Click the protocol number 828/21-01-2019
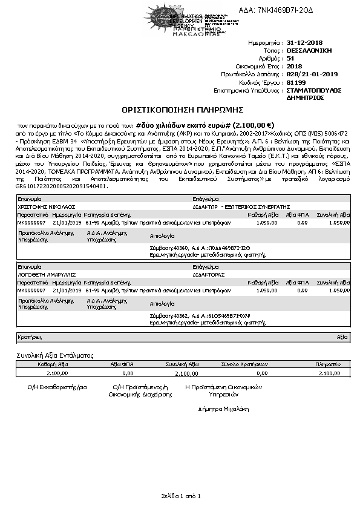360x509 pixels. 312,74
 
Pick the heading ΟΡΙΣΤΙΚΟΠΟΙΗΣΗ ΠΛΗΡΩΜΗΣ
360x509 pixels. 182,110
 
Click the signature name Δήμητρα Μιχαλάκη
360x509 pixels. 224,409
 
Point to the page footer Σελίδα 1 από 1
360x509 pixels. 180,496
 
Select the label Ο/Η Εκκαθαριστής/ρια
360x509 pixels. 53,386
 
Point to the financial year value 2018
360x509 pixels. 293,66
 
